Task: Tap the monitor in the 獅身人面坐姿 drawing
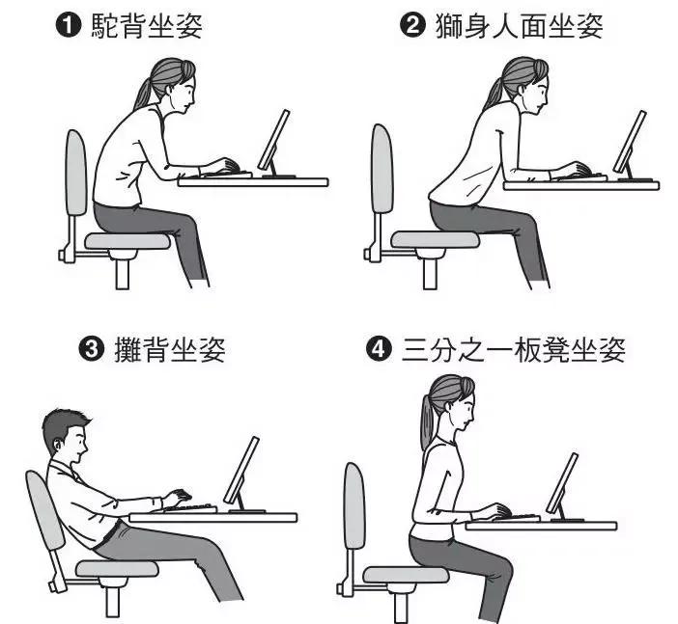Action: (x=630, y=143)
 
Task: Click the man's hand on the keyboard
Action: (x=177, y=497)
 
